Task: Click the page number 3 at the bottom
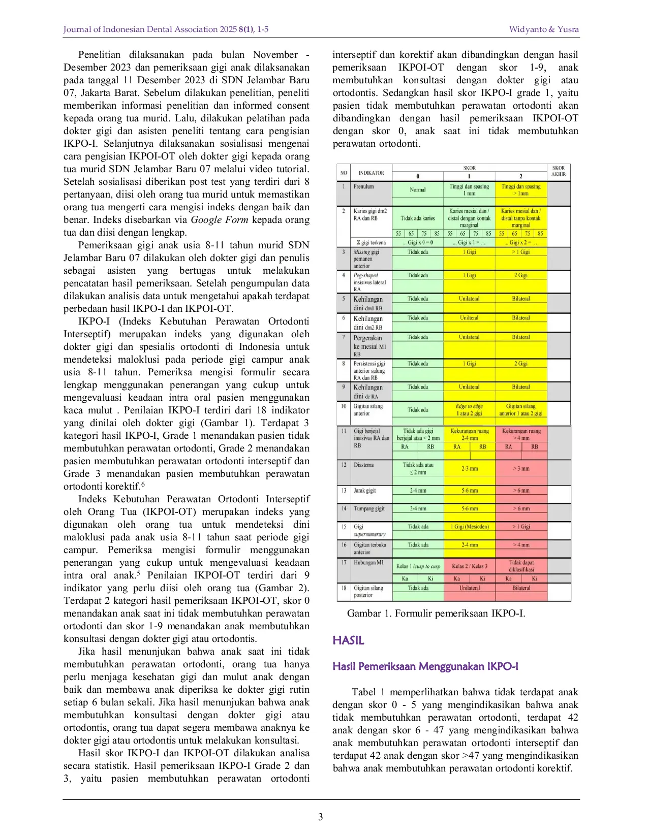[x=320, y=817]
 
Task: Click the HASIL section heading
[x=348, y=640]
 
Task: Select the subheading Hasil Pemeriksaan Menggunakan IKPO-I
[x=425, y=666]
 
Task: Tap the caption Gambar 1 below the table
[x=436, y=613]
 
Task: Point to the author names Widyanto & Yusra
[x=544, y=29]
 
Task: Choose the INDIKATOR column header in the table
[x=371, y=173]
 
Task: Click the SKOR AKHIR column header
[x=559, y=171]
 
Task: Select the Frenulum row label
[x=364, y=187]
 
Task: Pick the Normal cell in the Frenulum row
[x=418, y=190]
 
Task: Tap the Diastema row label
[x=364, y=465]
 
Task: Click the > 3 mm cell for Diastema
[x=521, y=468]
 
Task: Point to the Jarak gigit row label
[x=365, y=491]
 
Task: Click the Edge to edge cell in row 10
[x=469, y=409]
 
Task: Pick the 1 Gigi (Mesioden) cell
[x=469, y=527]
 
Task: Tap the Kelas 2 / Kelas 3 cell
[x=469, y=566]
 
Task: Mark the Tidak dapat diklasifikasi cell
[x=521, y=566]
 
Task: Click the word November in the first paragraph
[x=275, y=55]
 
